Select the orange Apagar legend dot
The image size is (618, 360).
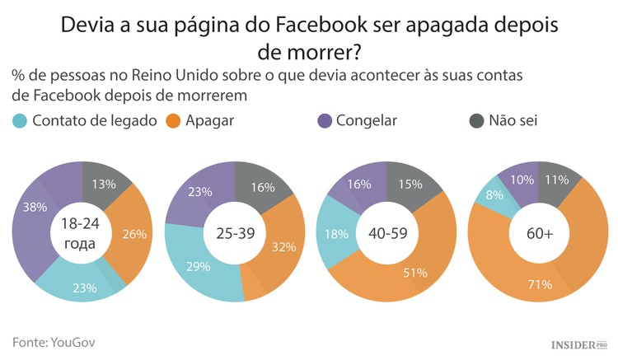tap(174, 121)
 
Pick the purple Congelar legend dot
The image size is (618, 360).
tap(325, 121)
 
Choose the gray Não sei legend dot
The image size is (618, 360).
tap(476, 121)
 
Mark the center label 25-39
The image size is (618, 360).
tap(235, 232)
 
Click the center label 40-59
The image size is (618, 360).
tap(386, 232)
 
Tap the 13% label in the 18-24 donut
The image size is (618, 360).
tap(105, 183)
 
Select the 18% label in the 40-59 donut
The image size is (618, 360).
tap(335, 233)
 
